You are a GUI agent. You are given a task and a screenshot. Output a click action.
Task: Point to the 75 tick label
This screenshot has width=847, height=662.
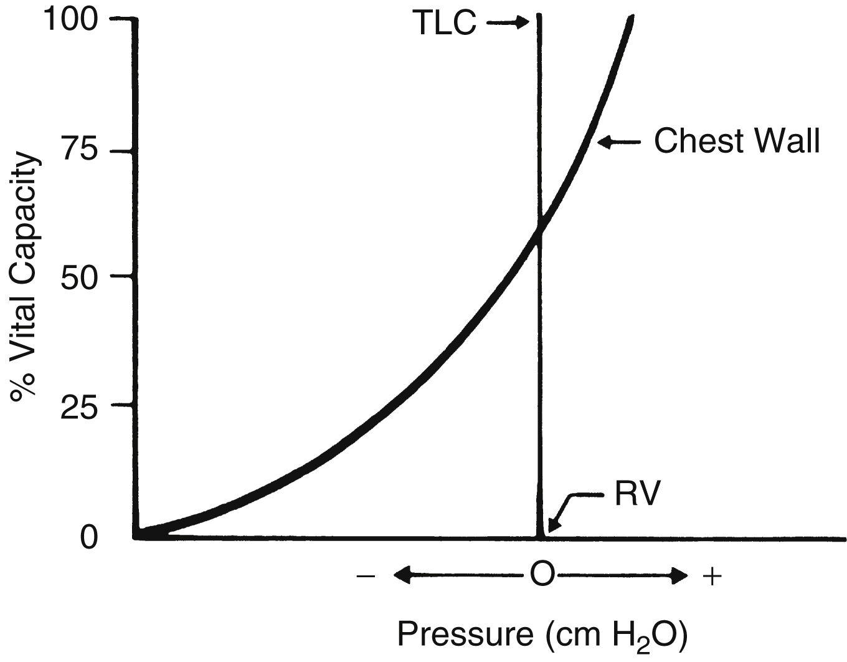click(80, 151)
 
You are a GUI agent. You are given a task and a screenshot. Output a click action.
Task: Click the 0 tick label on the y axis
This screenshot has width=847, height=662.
click(90, 537)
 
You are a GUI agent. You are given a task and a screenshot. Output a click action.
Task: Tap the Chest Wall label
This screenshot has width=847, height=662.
click(737, 142)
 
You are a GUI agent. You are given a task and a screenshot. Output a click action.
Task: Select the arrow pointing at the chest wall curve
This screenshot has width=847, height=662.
click(618, 143)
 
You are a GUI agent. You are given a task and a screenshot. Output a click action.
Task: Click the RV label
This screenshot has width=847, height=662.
click(636, 495)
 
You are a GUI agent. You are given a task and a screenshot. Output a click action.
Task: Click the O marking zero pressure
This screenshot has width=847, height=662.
click(541, 575)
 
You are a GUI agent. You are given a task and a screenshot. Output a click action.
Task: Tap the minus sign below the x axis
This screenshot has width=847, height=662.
click(366, 576)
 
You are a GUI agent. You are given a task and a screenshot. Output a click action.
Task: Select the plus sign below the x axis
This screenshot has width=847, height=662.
click(712, 576)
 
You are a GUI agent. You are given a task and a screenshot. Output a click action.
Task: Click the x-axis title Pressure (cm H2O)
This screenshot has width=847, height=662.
click(542, 635)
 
